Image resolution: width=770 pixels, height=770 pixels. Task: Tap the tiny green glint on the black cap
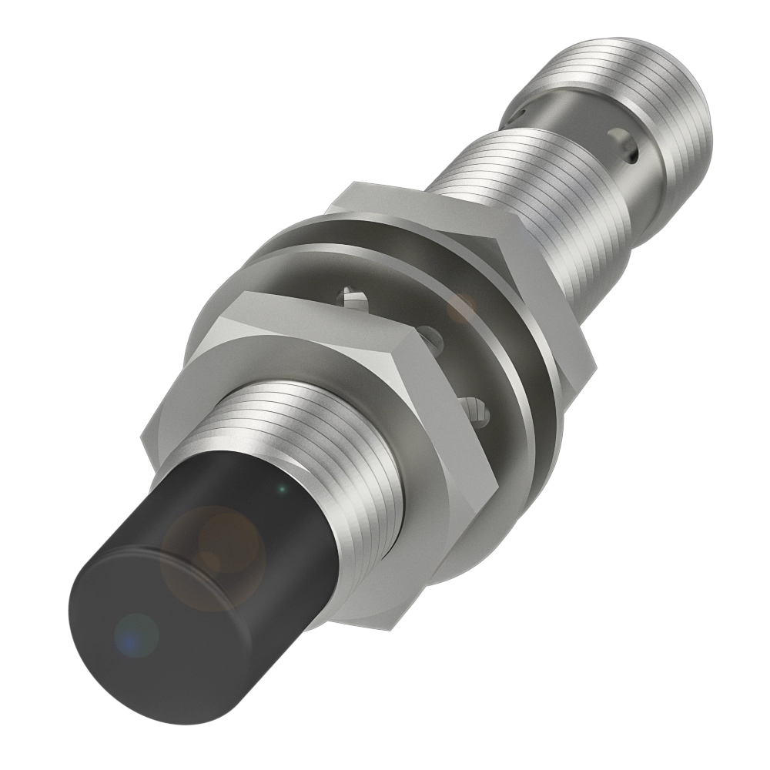[x=283, y=488]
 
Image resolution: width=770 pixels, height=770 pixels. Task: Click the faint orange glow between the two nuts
[x=463, y=307]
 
